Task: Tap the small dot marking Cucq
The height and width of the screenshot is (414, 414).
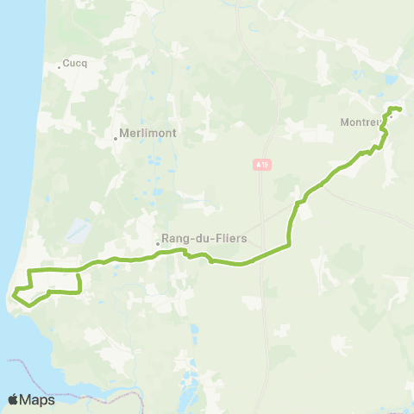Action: pyautogui.click(x=60, y=66)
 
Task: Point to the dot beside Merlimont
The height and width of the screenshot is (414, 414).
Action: pyautogui.click(x=116, y=138)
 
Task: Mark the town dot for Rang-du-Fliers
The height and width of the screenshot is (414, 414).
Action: pyautogui.click(x=158, y=244)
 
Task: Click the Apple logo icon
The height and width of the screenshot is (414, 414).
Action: pyautogui.click(x=13, y=399)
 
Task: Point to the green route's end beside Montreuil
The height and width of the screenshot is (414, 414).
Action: pyautogui.click(x=401, y=109)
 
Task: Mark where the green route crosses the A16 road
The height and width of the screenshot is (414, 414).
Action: pyautogui.click(x=263, y=256)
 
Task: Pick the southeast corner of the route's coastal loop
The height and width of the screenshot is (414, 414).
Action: pyautogui.click(x=79, y=293)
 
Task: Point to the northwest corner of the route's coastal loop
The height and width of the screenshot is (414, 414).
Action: pyautogui.click(x=31, y=271)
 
